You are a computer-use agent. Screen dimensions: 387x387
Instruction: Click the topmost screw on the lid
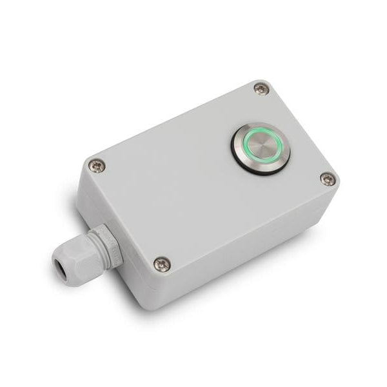tap(260, 88)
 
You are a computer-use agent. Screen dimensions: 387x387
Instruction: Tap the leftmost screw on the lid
tap(96, 166)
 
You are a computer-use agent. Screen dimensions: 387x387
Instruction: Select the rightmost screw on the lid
tap(328, 179)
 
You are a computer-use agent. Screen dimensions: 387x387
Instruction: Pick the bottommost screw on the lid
tap(162, 263)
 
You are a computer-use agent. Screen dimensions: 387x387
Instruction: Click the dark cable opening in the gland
tap(61, 264)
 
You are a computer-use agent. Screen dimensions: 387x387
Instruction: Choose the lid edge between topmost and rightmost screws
tap(303, 129)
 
